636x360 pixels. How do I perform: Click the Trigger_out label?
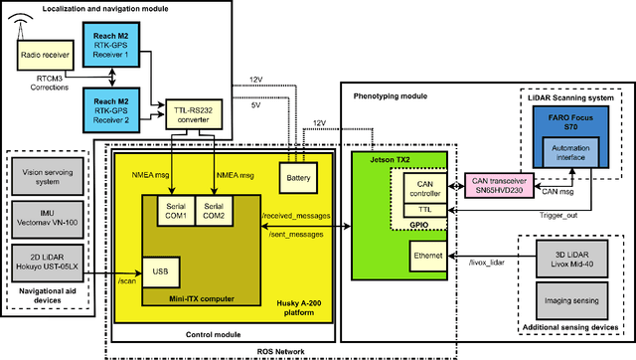coord(559,215)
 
